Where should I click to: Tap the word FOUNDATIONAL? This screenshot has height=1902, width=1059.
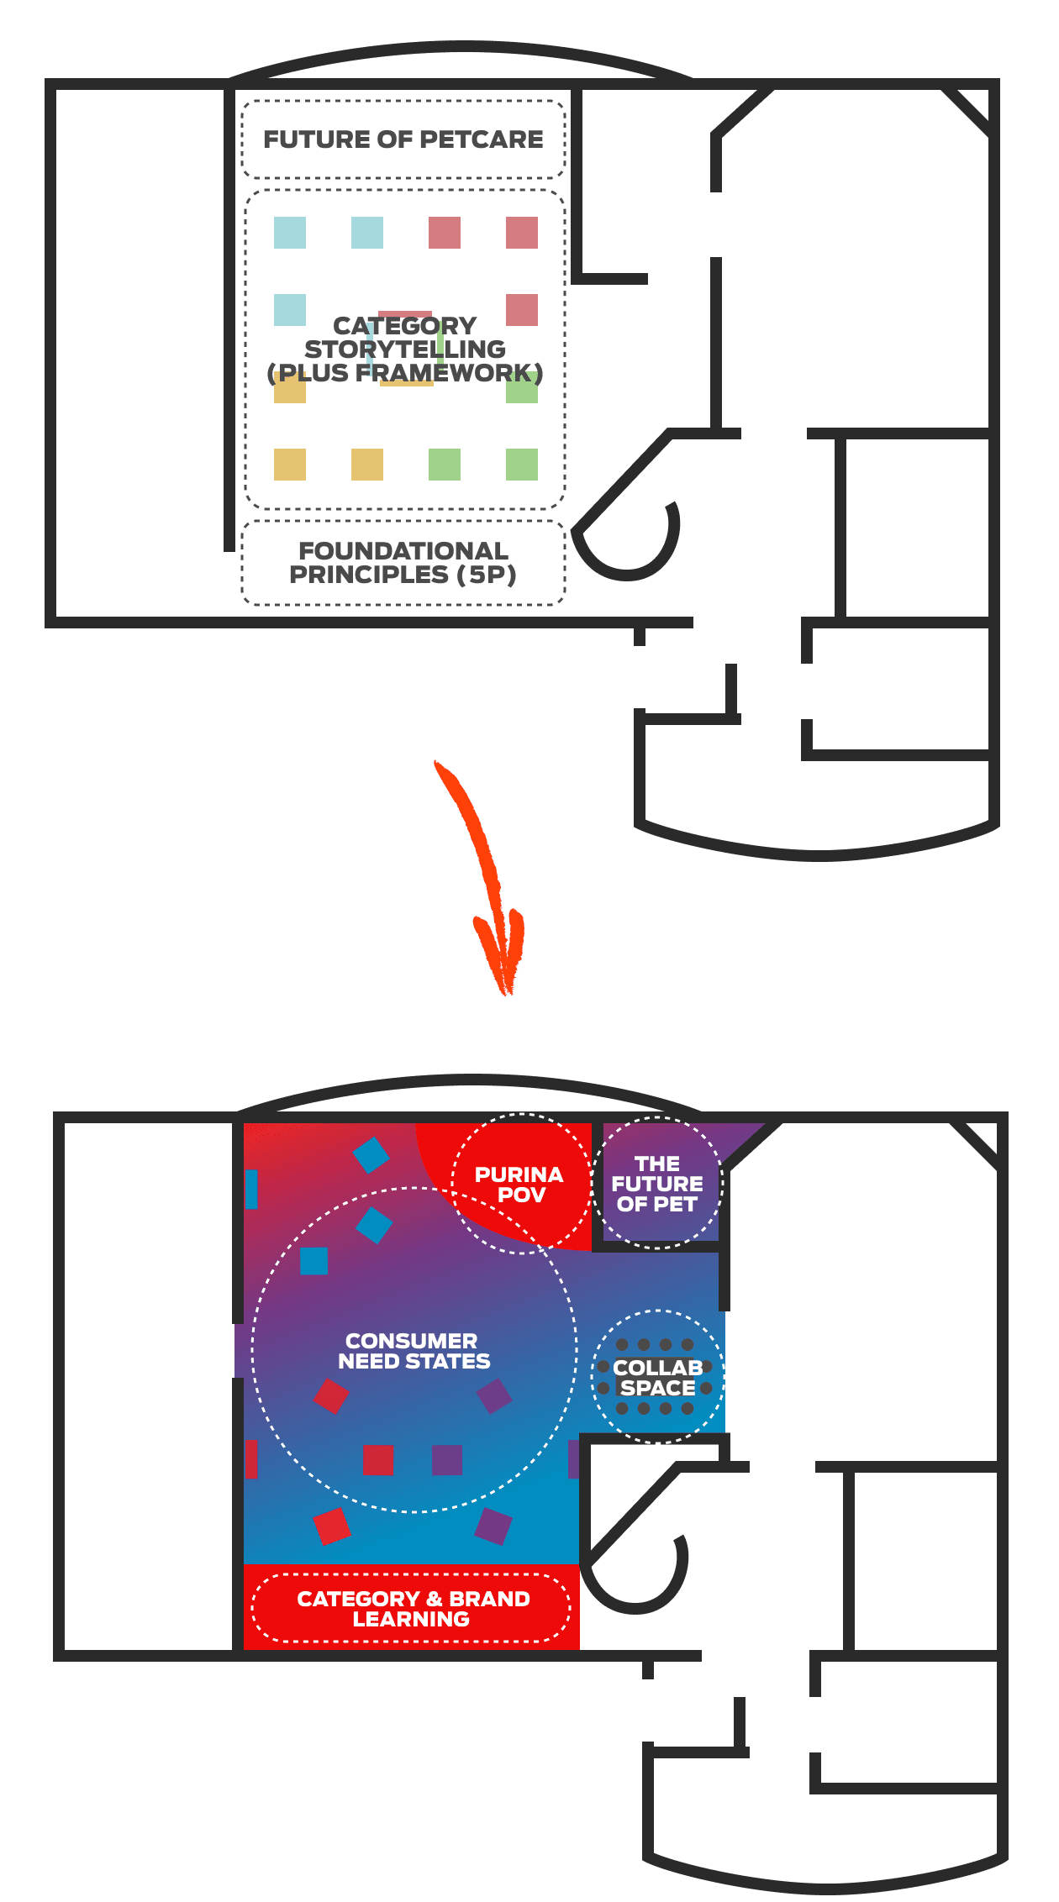click(403, 551)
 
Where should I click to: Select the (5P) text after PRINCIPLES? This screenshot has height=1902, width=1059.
click(486, 575)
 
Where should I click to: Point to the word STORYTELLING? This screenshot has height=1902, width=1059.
click(405, 349)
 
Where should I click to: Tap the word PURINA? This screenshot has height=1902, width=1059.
click(519, 1174)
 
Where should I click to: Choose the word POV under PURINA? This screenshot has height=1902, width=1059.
click(521, 1195)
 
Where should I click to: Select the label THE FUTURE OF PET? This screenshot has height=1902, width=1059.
click(657, 1184)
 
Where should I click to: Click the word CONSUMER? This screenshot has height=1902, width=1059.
click(411, 1341)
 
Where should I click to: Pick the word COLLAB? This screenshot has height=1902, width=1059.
click(657, 1368)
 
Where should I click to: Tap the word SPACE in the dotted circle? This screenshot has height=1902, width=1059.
click(657, 1388)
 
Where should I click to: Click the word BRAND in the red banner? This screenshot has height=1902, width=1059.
click(489, 1599)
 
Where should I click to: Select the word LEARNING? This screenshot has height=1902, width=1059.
click(411, 1619)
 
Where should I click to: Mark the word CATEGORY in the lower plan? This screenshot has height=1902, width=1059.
click(358, 1599)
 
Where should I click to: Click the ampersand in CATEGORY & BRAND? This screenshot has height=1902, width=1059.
click(435, 1599)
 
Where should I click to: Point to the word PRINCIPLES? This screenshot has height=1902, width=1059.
click(369, 575)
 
